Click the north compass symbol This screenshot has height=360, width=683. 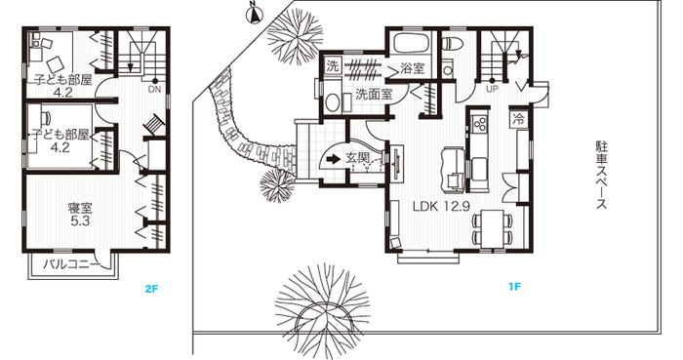point(254,14)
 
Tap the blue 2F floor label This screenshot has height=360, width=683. point(150,288)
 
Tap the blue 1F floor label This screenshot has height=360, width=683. point(514,287)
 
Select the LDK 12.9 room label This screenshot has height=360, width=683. point(441,206)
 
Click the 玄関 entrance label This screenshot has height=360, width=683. point(358,158)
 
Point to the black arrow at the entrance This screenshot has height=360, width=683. point(334,159)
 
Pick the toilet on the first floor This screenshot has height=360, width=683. point(448,43)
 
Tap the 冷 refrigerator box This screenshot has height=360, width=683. point(519,118)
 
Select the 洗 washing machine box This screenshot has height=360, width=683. point(333,66)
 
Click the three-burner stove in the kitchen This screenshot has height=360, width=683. point(480,123)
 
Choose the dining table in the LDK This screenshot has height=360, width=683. point(492,227)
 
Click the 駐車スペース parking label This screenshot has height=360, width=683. point(602,175)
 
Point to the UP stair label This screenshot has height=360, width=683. point(493,89)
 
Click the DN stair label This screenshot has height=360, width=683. point(154,90)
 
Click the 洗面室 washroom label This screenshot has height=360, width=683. point(374,94)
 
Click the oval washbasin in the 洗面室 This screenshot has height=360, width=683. point(333,103)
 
